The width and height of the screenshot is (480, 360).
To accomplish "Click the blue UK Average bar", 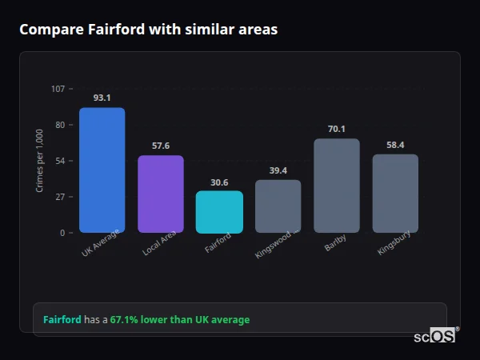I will click(102, 170).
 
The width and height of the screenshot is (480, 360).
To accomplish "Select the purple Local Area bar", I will click(161, 194).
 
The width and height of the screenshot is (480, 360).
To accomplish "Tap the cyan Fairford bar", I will click(219, 212).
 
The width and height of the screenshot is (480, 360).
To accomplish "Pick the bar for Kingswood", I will click(278, 206).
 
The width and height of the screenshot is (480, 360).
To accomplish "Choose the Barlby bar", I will click(337, 186).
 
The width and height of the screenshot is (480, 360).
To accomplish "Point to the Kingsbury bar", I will click(395, 194).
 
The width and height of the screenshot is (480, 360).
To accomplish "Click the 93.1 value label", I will click(102, 98).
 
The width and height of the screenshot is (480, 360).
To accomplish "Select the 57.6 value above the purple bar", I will click(161, 146).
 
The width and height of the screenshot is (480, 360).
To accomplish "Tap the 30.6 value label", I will click(219, 182).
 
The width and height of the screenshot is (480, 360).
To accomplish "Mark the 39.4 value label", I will click(278, 170).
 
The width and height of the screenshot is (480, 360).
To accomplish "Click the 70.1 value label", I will click(337, 129).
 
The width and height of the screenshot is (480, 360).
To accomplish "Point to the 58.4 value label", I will click(395, 145).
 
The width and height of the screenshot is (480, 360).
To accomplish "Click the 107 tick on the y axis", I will click(58, 89).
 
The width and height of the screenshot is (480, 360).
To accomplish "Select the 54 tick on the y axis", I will click(60, 161).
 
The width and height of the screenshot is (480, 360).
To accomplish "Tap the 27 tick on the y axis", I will click(60, 197).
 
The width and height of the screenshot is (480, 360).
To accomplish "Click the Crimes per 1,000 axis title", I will click(39, 161).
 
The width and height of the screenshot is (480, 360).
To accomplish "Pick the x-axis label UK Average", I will click(101, 243).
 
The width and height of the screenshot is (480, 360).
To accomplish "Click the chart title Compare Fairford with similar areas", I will click(149, 30).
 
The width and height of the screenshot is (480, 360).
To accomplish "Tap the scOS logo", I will click(435, 336).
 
